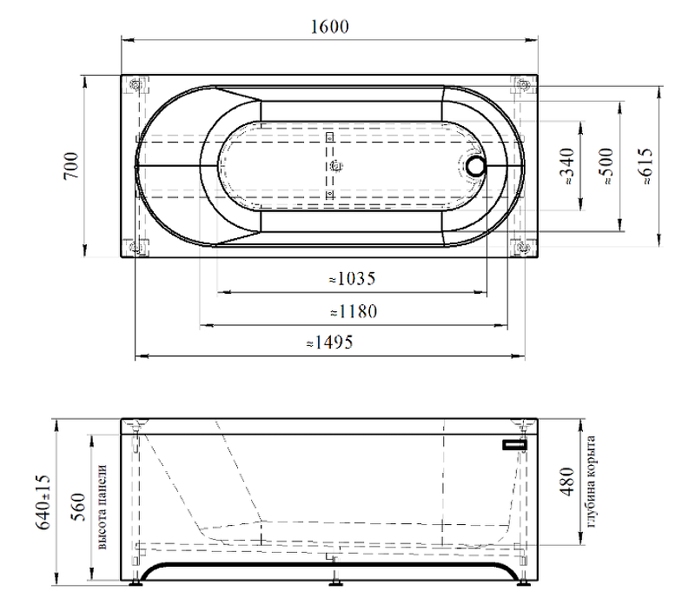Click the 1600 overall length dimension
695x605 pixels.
(x=329, y=27)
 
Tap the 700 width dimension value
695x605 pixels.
(x=71, y=165)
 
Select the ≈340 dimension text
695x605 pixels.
(x=567, y=166)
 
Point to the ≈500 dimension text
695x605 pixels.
(x=606, y=166)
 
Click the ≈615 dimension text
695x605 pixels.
(x=645, y=166)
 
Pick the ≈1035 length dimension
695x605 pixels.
(x=353, y=278)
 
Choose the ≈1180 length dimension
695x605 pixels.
(x=354, y=311)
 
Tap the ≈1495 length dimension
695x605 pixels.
(x=330, y=342)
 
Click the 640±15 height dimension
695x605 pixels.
(x=43, y=502)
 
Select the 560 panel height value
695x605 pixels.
(x=78, y=507)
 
